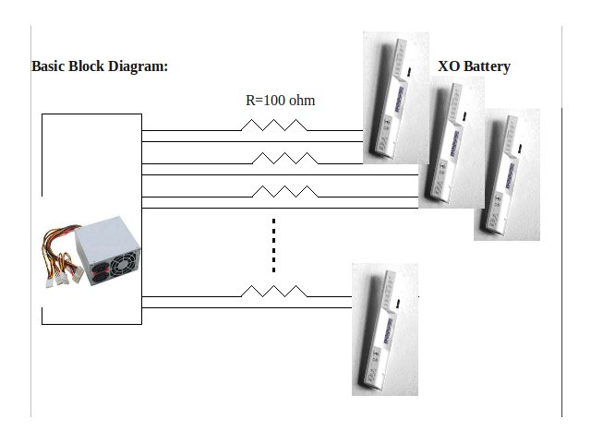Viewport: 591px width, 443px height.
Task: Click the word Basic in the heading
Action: [x=49, y=66]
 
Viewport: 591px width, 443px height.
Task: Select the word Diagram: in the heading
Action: [x=139, y=66]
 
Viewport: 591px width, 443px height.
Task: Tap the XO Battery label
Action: [x=474, y=66]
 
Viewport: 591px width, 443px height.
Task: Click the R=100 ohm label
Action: [x=280, y=100]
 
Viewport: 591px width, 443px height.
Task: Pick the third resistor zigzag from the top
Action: [x=285, y=192]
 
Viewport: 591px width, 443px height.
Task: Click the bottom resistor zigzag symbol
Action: [x=273, y=291]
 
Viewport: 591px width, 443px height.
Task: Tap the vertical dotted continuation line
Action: [x=274, y=245]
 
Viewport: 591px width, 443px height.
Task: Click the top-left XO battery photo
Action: [x=395, y=97]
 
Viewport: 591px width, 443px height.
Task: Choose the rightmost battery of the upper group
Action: [x=507, y=175]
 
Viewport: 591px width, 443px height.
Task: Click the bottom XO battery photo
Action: [x=385, y=329]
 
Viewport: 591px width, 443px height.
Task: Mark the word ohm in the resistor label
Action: [x=301, y=100]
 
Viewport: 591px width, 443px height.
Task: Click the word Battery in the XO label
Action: [x=486, y=66]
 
